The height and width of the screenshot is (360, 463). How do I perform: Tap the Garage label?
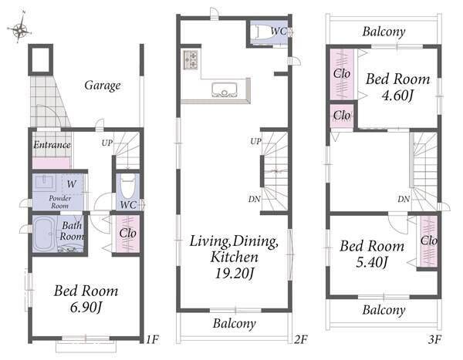click(x=103, y=86)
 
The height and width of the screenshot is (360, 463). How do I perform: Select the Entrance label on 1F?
click(x=52, y=145)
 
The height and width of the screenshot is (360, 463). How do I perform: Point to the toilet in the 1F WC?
click(x=128, y=186)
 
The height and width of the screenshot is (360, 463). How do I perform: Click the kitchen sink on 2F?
click(x=225, y=89)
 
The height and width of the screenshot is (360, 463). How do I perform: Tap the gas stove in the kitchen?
click(x=191, y=60)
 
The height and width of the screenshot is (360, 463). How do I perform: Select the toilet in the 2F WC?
click(x=264, y=32)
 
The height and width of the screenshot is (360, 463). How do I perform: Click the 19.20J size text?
click(x=234, y=274)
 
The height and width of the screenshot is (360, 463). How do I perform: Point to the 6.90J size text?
click(x=86, y=308)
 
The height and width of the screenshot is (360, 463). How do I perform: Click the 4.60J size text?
click(x=397, y=96)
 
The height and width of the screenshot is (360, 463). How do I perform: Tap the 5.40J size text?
click(x=371, y=262)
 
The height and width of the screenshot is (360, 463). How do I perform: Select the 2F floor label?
click(x=301, y=340)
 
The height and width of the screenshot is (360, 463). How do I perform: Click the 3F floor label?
click(x=434, y=340)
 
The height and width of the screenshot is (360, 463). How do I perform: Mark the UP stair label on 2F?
click(x=255, y=142)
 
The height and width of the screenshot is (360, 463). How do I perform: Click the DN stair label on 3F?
click(x=404, y=199)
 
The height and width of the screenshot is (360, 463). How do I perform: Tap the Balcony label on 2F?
click(x=234, y=324)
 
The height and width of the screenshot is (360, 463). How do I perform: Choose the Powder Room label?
click(x=59, y=202)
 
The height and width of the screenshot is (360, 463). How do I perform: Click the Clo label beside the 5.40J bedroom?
click(x=429, y=241)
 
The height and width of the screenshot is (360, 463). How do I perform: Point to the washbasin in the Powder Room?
click(x=46, y=182)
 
